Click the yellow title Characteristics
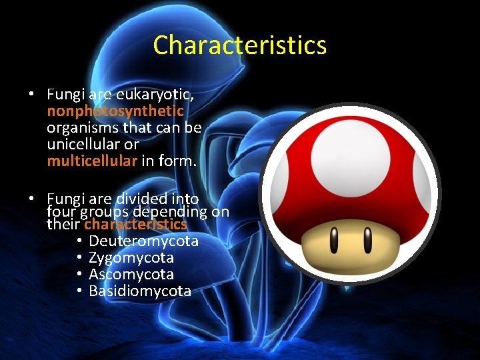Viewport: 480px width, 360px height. [239, 45]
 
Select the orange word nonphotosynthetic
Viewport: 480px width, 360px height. [115, 110]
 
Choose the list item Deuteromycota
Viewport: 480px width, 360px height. [143, 241]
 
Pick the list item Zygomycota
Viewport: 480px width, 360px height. [131, 257]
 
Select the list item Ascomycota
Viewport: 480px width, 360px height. [131, 274]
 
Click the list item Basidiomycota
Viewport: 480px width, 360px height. [140, 291]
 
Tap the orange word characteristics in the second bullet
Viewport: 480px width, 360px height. [135, 225]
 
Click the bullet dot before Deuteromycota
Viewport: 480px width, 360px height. [79, 241]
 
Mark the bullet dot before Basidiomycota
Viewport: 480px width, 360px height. [79, 291]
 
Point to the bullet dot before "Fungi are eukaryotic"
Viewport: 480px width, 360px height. [31, 95]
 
